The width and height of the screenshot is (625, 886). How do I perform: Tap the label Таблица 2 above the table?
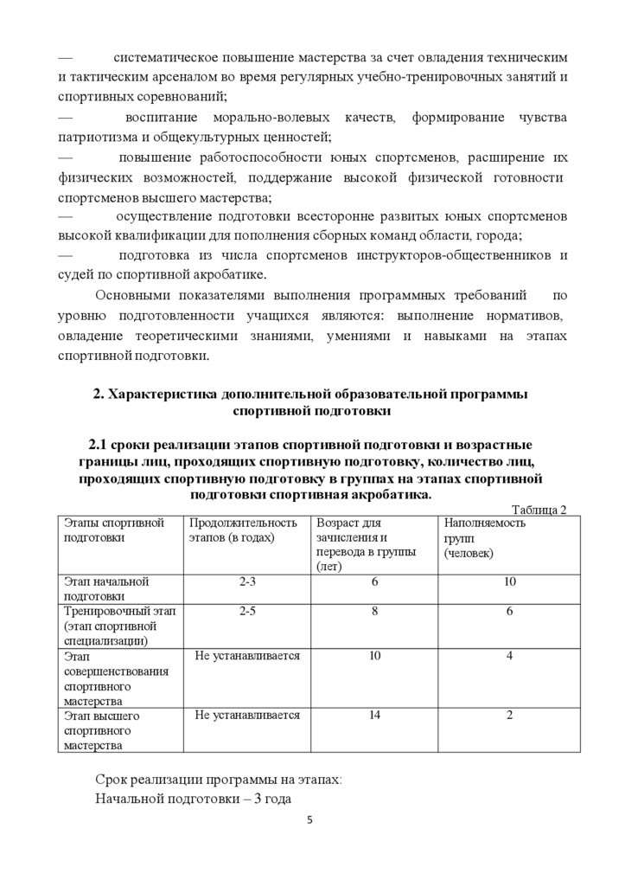[x=539, y=510]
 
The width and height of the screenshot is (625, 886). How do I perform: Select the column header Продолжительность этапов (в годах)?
[x=243, y=530]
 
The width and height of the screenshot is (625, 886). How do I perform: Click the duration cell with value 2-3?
[x=247, y=581]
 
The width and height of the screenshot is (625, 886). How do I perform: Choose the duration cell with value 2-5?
[x=247, y=612]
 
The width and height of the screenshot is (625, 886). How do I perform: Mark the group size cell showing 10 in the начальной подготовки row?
[x=509, y=581]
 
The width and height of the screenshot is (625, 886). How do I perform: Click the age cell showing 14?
[x=374, y=716]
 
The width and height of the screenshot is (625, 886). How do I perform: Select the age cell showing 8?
[x=374, y=612]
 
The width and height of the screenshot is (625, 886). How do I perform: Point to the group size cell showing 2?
[x=509, y=716]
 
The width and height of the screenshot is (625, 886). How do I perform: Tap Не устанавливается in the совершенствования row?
[x=247, y=656]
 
